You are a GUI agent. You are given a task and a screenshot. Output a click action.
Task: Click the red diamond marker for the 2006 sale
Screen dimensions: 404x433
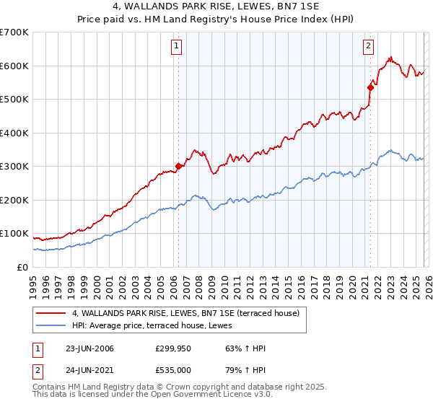point(178,166)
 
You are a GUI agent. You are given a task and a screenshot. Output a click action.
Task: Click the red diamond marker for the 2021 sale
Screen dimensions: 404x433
point(370,87)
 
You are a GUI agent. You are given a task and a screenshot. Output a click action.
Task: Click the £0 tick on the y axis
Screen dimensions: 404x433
point(22,267)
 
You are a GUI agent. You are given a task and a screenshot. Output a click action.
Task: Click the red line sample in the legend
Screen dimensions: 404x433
point(51,313)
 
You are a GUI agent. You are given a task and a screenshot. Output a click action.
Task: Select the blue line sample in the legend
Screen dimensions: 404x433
point(51,326)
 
